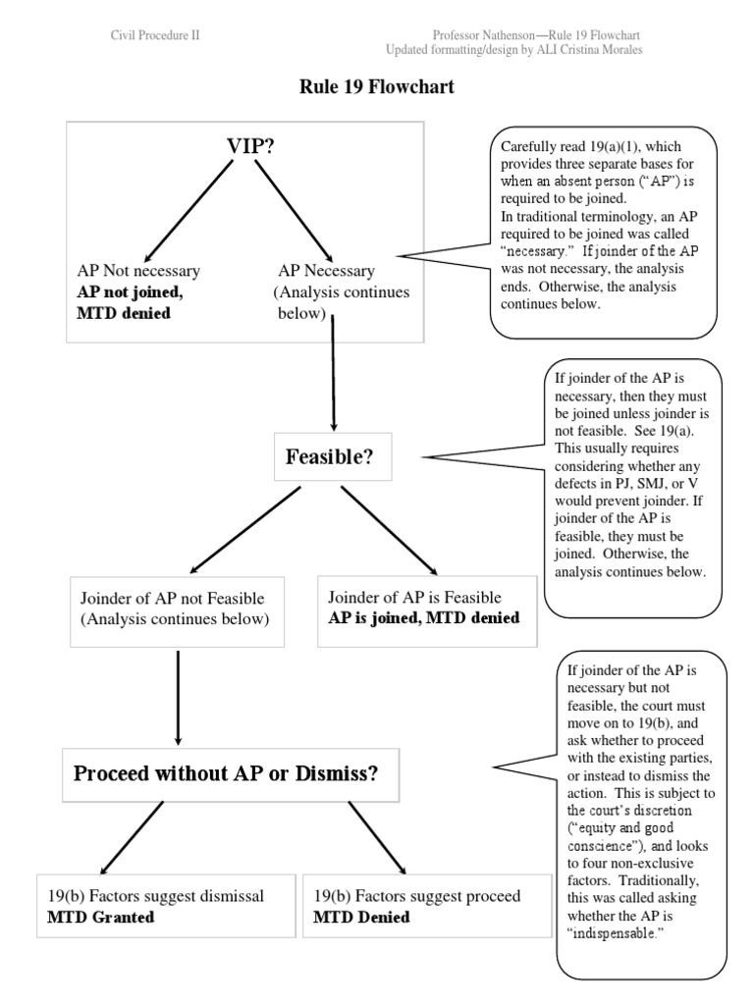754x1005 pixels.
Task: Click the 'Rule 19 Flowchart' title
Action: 377,87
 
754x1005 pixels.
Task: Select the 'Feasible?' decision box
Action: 329,456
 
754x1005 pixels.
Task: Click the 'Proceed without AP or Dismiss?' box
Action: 226,772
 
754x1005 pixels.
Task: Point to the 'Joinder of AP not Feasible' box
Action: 178,608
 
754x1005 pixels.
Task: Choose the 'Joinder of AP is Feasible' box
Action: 426,608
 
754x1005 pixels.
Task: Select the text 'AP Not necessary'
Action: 138,271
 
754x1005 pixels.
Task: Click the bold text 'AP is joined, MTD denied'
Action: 424,618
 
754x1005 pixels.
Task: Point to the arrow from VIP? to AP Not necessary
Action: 184,207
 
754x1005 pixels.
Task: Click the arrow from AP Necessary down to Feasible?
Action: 334,373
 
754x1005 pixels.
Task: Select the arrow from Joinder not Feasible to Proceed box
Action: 178,696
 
